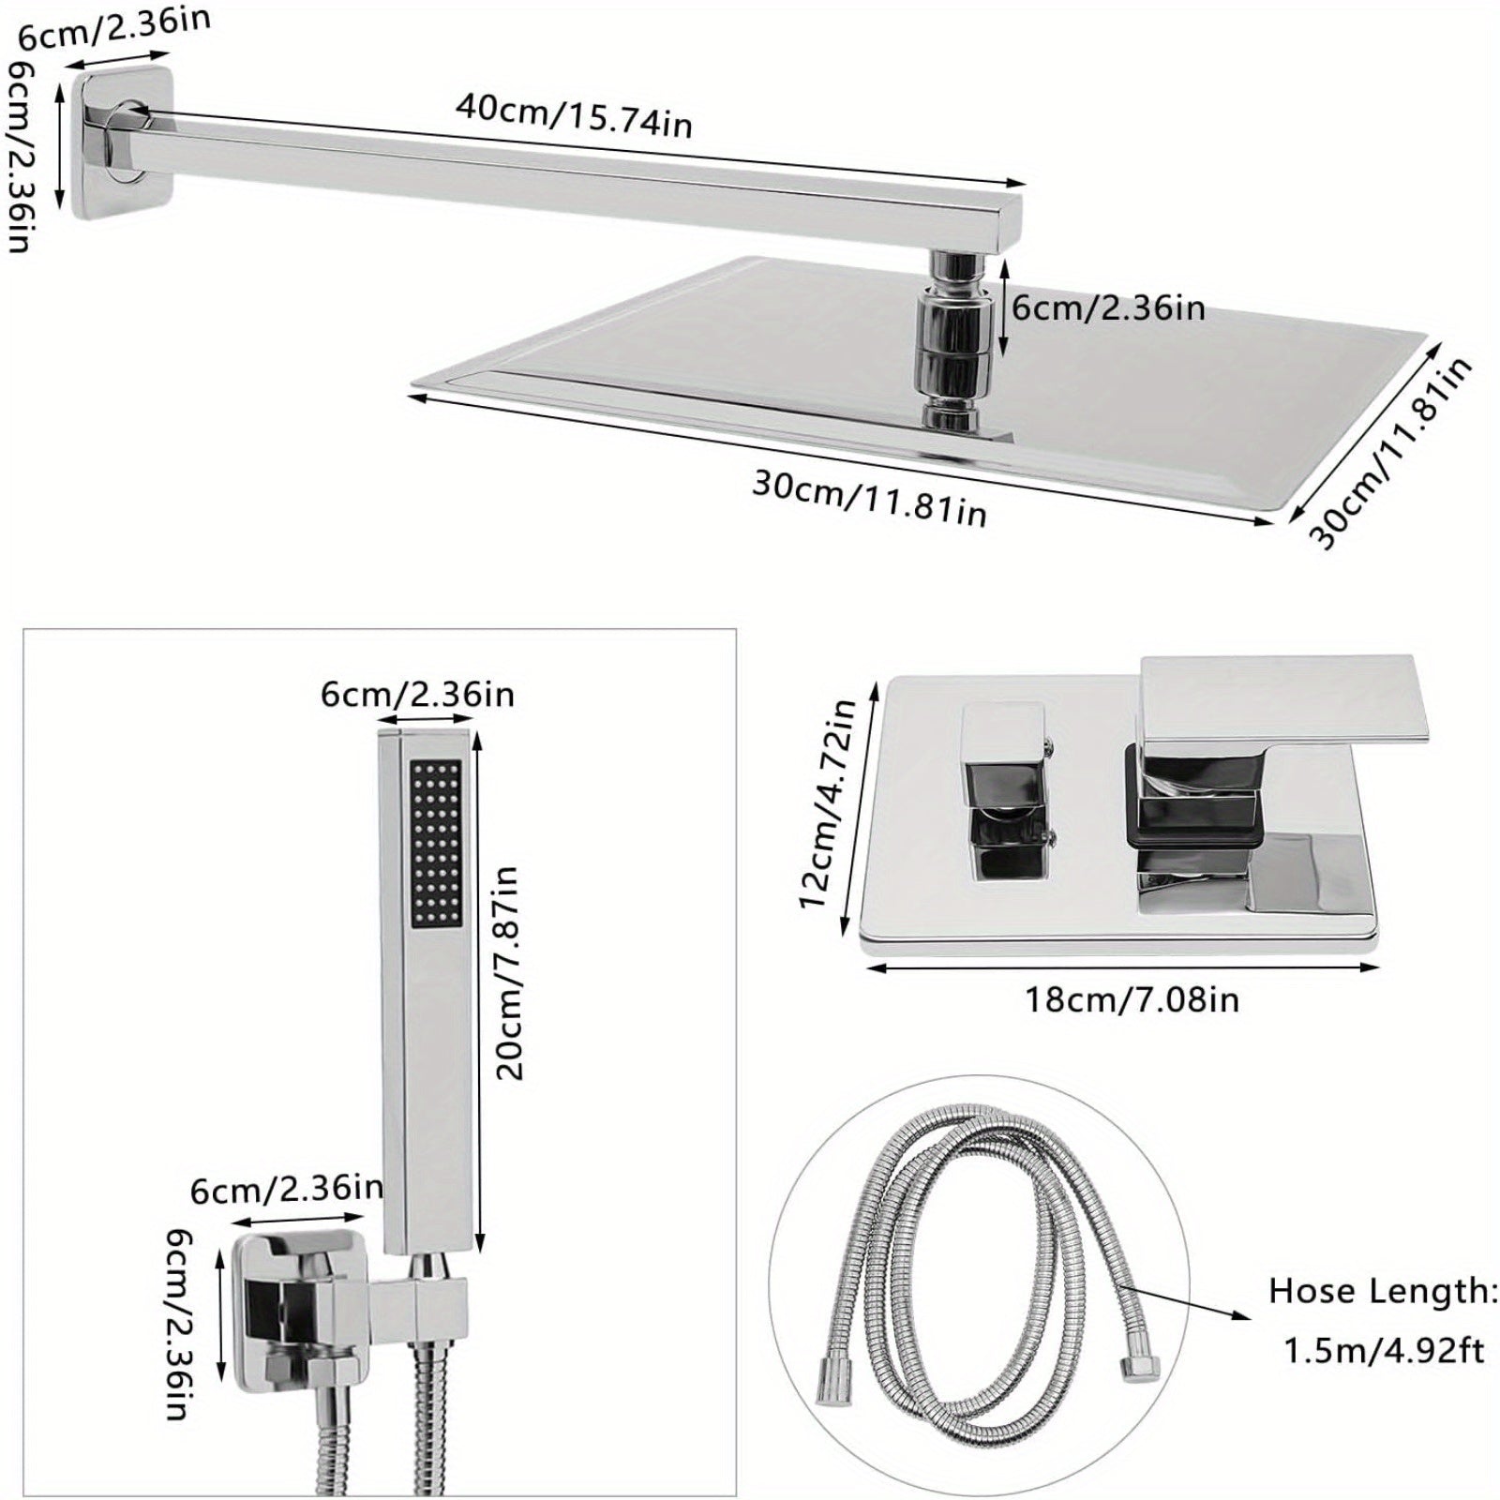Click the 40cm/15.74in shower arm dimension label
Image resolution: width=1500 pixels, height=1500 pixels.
(x=574, y=115)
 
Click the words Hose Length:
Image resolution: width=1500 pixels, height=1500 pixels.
(x=1384, y=1292)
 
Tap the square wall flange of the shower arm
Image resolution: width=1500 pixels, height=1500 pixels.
(x=122, y=143)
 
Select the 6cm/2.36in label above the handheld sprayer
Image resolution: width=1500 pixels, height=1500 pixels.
(x=417, y=695)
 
